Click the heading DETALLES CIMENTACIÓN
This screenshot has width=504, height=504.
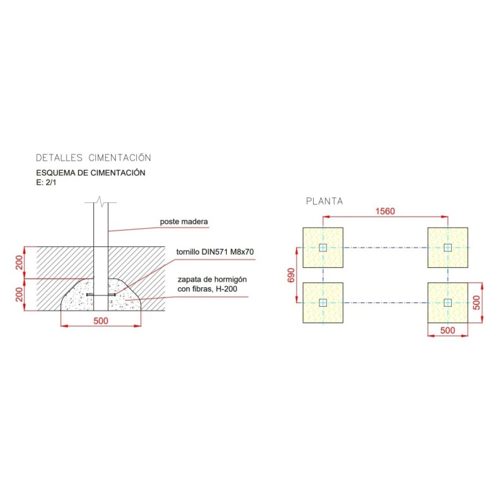(93, 158)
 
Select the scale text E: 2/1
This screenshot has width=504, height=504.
(46, 182)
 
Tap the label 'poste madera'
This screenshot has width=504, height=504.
(184, 222)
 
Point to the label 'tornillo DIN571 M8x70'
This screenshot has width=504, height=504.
(215, 251)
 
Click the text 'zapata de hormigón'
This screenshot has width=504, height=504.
(212, 279)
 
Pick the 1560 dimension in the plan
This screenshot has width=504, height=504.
(385, 211)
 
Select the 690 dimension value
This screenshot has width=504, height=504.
(290, 275)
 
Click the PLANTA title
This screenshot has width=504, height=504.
(324, 201)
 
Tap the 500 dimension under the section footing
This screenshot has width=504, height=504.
(101, 321)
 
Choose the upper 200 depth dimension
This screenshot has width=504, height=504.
(20, 262)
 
